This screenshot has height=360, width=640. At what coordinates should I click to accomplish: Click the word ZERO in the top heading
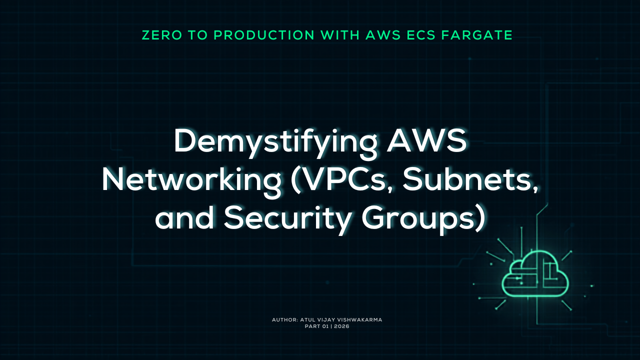click(162, 35)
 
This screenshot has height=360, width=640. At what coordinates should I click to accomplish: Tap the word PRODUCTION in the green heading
click(264, 35)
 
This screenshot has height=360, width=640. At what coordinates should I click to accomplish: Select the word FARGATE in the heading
click(477, 35)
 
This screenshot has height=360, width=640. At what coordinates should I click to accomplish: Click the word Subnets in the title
click(470, 180)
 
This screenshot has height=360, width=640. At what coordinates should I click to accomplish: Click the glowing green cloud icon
click(535, 274)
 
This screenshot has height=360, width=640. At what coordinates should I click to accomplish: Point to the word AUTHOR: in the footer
click(285, 319)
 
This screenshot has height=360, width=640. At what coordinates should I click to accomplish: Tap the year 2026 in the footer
click(341, 326)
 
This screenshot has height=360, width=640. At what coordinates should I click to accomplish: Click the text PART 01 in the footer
click(317, 326)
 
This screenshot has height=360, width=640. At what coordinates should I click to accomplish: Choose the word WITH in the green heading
click(340, 35)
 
